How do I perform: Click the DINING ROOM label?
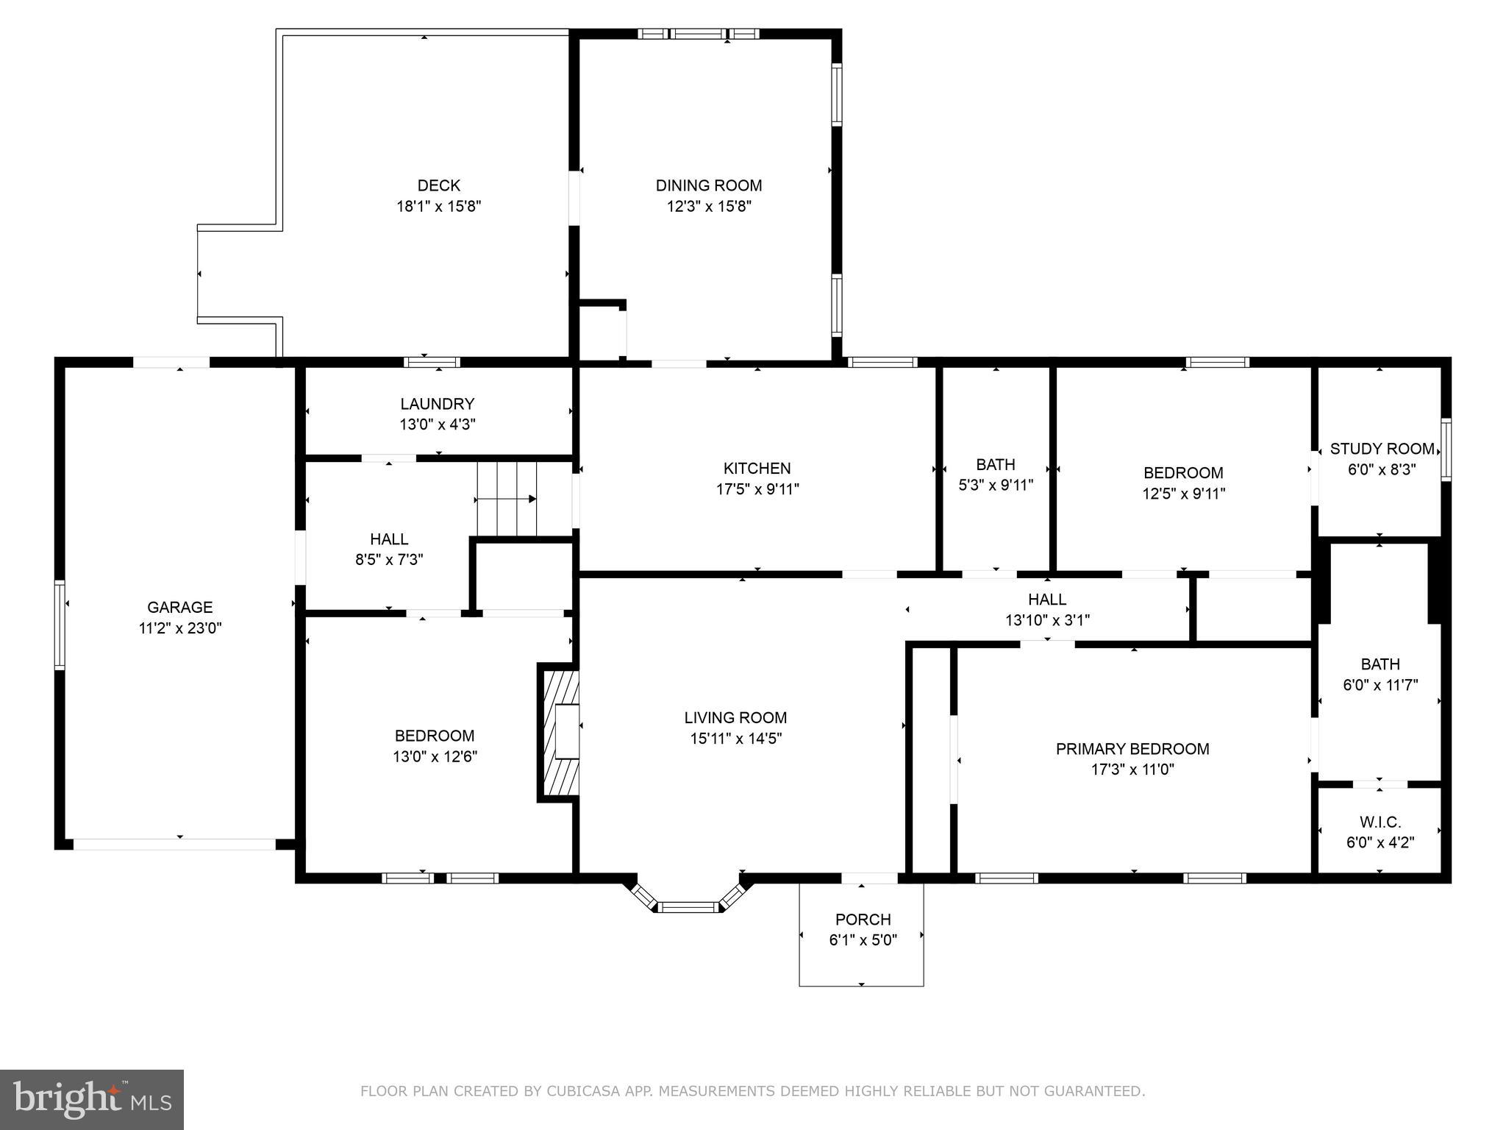point(708,185)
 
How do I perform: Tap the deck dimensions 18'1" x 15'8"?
point(438,206)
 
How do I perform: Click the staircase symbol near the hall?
point(507,499)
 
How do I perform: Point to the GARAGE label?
point(179,607)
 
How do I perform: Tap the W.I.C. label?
point(1380,822)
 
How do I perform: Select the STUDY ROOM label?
point(1382,449)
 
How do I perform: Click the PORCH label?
point(863,919)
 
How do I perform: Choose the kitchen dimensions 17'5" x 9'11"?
point(757,488)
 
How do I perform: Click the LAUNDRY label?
point(437,404)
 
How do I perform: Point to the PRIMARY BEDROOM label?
point(1132,749)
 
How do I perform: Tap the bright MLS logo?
point(92,1099)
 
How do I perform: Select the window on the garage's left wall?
point(60,625)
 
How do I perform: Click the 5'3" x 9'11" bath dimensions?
point(995,485)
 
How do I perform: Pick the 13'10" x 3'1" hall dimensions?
point(1047,620)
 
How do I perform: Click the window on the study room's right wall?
point(1445,449)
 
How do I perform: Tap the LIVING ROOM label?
point(735,717)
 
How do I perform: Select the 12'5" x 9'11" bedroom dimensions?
point(1183,493)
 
